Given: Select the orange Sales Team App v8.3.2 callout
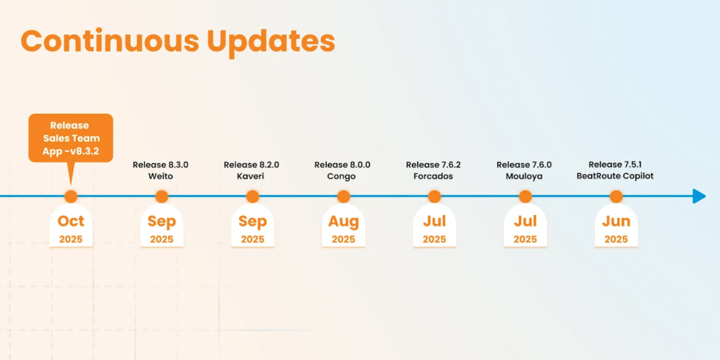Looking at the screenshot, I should [x=70, y=137].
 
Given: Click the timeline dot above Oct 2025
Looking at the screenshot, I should [x=70, y=196].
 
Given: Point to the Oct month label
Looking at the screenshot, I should [x=70, y=221].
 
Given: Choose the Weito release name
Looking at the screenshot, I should [x=160, y=176].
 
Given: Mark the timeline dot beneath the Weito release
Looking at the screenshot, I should [x=161, y=196].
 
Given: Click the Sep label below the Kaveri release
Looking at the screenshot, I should [x=252, y=221].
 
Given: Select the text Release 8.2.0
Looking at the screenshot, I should [x=251, y=165].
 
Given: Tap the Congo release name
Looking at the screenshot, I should [x=342, y=176].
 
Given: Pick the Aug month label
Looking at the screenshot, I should [x=343, y=221].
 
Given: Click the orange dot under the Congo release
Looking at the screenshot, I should [x=343, y=196].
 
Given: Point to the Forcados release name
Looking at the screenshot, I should [x=434, y=176].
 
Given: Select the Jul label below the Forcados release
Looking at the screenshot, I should [x=434, y=221].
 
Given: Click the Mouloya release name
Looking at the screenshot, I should [x=525, y=176].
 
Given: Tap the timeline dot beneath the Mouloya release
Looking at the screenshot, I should [x=525, y=196].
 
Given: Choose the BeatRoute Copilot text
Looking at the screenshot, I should [x=615, y=176].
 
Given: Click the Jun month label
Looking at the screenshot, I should [x=616, y=221].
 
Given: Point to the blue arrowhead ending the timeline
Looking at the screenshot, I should [x=699, y=196].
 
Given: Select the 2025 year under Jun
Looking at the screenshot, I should [x=616, y=239].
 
